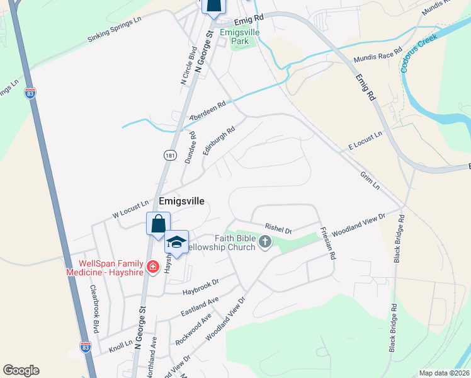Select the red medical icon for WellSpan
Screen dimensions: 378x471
152,268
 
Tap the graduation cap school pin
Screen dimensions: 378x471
177,243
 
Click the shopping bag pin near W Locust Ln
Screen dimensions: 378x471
158,224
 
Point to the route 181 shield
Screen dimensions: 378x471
169,155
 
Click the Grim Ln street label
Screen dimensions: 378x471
370,181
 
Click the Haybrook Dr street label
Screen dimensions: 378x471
200,286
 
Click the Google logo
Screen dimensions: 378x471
21,370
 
